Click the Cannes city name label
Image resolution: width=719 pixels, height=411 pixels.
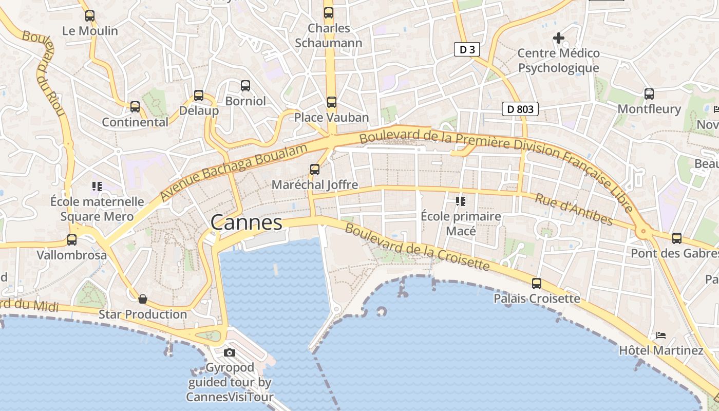(x=247, y=222)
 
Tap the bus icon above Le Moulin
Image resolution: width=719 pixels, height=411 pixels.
(x=90, y=16)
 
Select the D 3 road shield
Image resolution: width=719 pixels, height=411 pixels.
(x=467, y=49)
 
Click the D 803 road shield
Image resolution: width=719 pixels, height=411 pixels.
(x=520, y=109)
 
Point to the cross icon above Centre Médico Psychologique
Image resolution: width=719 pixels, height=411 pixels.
(x=558, y=38)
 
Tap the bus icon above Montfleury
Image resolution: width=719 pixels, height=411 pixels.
(x=649, y=94)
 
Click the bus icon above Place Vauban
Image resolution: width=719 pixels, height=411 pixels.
(x=331, y=102)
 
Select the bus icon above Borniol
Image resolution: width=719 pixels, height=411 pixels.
(x=245, y=86)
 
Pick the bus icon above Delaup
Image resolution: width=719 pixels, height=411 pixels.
(x=199, y=96)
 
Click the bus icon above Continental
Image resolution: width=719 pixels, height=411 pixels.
(x=135, y=107)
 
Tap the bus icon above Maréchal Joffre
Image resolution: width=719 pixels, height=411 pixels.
(x=314, y=169)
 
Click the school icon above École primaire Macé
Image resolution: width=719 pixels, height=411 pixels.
(x=460, y=201)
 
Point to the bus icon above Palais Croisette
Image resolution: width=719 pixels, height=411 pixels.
(x=537, y=283)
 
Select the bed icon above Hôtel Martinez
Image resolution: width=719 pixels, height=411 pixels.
(x=660, y=335)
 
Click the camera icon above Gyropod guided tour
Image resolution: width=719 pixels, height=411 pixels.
(x=230, y=352)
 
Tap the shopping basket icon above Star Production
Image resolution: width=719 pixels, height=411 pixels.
(x=143, y=299)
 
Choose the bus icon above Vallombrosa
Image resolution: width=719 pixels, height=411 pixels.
(x=72, y=239)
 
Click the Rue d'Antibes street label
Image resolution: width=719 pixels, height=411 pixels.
(x=574, y=209)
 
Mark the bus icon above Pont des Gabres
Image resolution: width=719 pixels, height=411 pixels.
(x=677, y=238)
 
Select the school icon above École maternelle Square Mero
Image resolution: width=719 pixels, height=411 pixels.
(x=97, y=186)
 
